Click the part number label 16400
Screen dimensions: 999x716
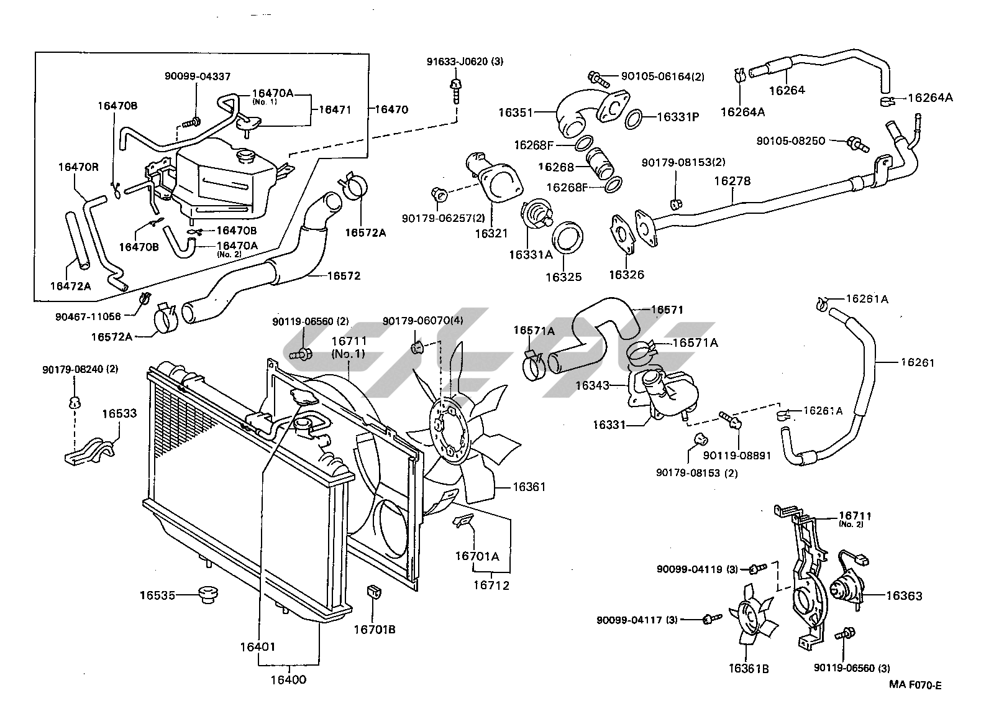pos(288,680)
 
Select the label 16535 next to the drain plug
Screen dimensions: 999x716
pos(157,595)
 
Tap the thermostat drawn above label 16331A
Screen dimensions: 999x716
pos(537,214)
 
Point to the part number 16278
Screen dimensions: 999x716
pos(732,181)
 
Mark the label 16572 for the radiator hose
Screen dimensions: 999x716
pos(344,276)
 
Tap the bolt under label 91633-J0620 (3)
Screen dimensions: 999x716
pos(455,91)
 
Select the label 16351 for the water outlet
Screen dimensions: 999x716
pos(516,112)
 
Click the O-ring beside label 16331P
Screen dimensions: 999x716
pos(633,119)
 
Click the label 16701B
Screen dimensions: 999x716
pos(375,630)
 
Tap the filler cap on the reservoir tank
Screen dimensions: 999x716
pos(246,157)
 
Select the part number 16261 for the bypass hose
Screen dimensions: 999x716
pos(918,362)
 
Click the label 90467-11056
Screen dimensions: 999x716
pos(88,317)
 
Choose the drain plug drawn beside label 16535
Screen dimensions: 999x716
pos(209,595)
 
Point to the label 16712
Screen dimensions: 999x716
pos(491,585)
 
